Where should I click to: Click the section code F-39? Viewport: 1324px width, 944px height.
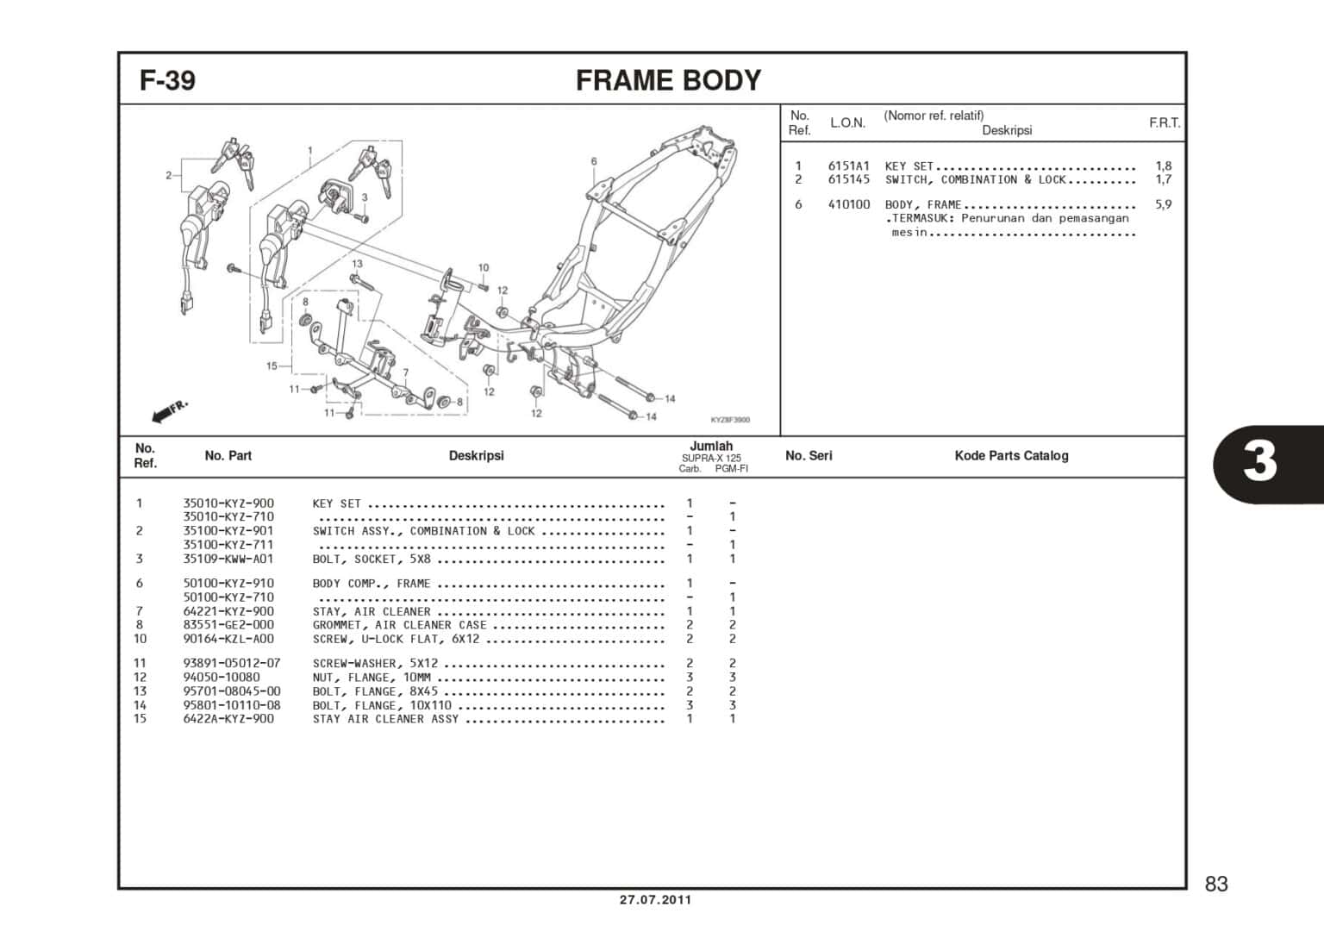[x=168, y=80]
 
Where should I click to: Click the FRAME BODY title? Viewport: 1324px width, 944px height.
[x=668, y=80]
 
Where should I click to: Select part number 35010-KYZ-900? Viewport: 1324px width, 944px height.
[x=228, y=503]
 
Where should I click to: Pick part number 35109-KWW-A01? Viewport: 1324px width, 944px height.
[x=228, y=559]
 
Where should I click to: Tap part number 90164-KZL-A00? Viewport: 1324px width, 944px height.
[x=228, y=639]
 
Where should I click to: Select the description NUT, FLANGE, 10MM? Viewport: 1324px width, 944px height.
[x=372, y=678]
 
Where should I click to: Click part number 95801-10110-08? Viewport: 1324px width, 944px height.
[x=232, y=705]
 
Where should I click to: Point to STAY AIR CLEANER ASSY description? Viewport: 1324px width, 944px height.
[x=385, y=719]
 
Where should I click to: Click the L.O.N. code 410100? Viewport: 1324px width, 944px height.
[x=849, y=204]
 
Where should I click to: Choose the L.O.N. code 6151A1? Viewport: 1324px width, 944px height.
[x=849, y=166]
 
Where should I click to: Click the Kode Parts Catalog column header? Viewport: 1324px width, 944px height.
[x=1011, y=455]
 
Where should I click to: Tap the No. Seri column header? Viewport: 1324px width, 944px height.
[x=809, y=455]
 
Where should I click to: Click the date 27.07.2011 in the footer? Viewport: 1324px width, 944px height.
[x=655, y=900]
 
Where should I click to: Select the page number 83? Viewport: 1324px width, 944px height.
[x=1216, y=884]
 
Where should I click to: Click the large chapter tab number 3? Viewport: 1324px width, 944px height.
[x=1259, y=461]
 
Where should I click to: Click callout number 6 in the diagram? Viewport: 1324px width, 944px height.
[x=594, y=161]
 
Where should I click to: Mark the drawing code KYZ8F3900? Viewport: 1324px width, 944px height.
[x=730, y=420]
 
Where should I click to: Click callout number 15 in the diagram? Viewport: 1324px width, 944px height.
[x=272, y=366]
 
